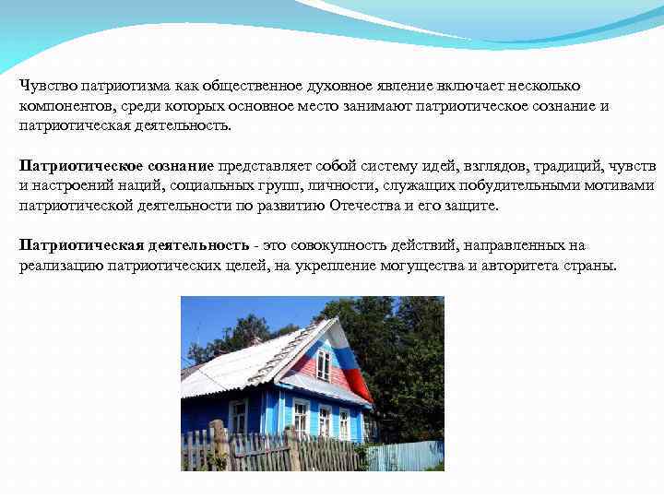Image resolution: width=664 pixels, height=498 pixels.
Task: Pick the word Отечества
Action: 355,206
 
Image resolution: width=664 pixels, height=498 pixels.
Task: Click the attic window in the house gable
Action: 323,364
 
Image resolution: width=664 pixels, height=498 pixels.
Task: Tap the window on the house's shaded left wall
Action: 238,416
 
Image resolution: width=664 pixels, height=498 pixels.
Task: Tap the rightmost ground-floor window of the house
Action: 344,422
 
